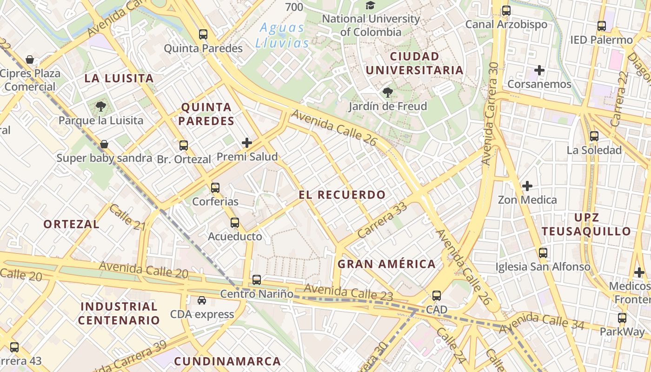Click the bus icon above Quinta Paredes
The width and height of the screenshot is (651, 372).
pyautogui.click(x=203, y=34)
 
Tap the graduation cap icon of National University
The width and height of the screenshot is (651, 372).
pyautogui.click(x=370, y=6)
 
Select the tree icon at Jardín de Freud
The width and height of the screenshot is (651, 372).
pyautogui.click(x=387, y=93)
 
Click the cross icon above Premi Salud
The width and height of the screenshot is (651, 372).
pyautogui.click(x=247, y=143)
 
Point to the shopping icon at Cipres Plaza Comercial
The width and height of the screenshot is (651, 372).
pyautogui.click(x=30, y=60)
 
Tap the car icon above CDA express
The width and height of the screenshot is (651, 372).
pyautogui.click(x=202, y=300)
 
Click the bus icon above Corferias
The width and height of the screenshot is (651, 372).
pyautogui.click(x=215, y=188)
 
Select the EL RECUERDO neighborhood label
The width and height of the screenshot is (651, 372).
pyautogui.click(x=342, y=195)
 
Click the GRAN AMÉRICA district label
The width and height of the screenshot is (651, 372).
pyautogui.click(x=386, y=264)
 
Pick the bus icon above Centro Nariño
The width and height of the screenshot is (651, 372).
pyautogui.click(x=257, y=280)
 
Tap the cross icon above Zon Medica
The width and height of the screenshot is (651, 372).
pyautogui.click(x=527, y=186)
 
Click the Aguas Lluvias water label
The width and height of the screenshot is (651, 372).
pyautogui.click(x=282, y=35)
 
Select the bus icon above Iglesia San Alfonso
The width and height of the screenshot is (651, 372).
pyautogui.click(x=543, y=253)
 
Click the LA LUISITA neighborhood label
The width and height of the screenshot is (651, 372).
pyautogui.click(x=119, y=78)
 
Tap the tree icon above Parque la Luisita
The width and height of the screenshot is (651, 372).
pyautogui.click(x=100, y=106)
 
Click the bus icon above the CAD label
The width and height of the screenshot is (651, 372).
pyautogui.click(x=436, y=296)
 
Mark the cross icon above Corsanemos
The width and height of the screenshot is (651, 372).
pyautogui.click(x=539, y=70)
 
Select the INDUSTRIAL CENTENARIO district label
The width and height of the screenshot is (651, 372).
pyautogui.click(x=119, y=313)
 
